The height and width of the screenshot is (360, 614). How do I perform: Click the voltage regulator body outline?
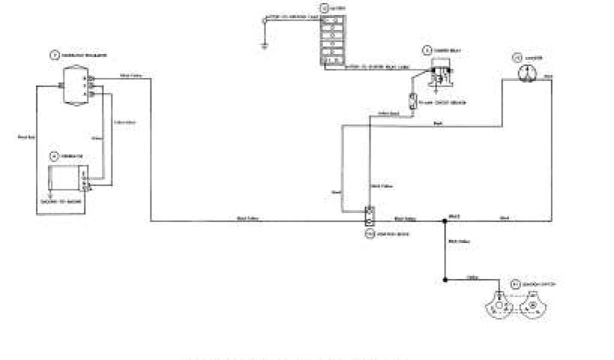tap(76, 86)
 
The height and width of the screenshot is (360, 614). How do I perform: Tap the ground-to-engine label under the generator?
tap(59, 202)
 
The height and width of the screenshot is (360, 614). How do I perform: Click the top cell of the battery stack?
tap(332, 21)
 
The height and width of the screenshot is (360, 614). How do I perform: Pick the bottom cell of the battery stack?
tap(332, 59)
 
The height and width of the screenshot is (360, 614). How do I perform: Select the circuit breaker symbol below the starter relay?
tap(413, 101)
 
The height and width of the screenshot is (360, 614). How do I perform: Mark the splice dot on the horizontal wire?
tap(444, 221)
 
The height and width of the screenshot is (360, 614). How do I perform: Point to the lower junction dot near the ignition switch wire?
tap(444, 279)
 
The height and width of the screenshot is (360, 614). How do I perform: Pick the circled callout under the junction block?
tap(369, 234)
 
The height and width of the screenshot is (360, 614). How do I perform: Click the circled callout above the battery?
tap(324, 8)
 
